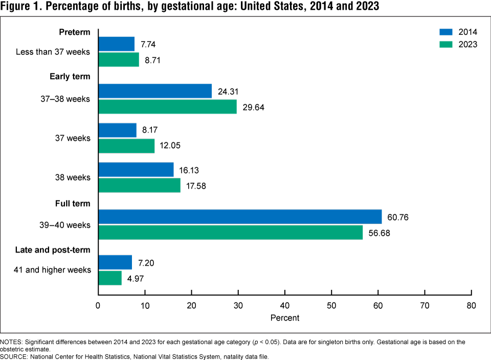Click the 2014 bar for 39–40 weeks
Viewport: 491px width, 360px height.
(x=240, y=217)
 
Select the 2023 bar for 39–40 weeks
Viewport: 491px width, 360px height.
(x=230, y=232)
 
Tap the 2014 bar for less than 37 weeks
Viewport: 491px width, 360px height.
(x=116, y=44)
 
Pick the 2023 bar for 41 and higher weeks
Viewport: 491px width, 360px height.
(x=110, y=278)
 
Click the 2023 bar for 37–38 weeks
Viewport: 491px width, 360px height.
(x=167, y=106)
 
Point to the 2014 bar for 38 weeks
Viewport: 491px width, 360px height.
(x=136, y=169)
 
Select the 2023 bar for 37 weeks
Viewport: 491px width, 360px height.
(x=126, y=146)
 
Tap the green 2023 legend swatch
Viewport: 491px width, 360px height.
(x=446, y=44)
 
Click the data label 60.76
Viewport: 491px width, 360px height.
(x=398, y=217)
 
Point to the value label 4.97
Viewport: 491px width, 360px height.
(x=137, y=278)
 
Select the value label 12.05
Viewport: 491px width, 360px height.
(x=170, y=146)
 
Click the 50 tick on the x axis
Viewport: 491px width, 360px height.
(x=331, y=305)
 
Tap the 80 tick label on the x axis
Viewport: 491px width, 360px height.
(x=471, y=306)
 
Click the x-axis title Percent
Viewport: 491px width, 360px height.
(x=284, y=318)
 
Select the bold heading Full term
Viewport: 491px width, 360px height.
(x=73, y=204)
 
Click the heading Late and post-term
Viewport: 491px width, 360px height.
(x=59, y=250)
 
